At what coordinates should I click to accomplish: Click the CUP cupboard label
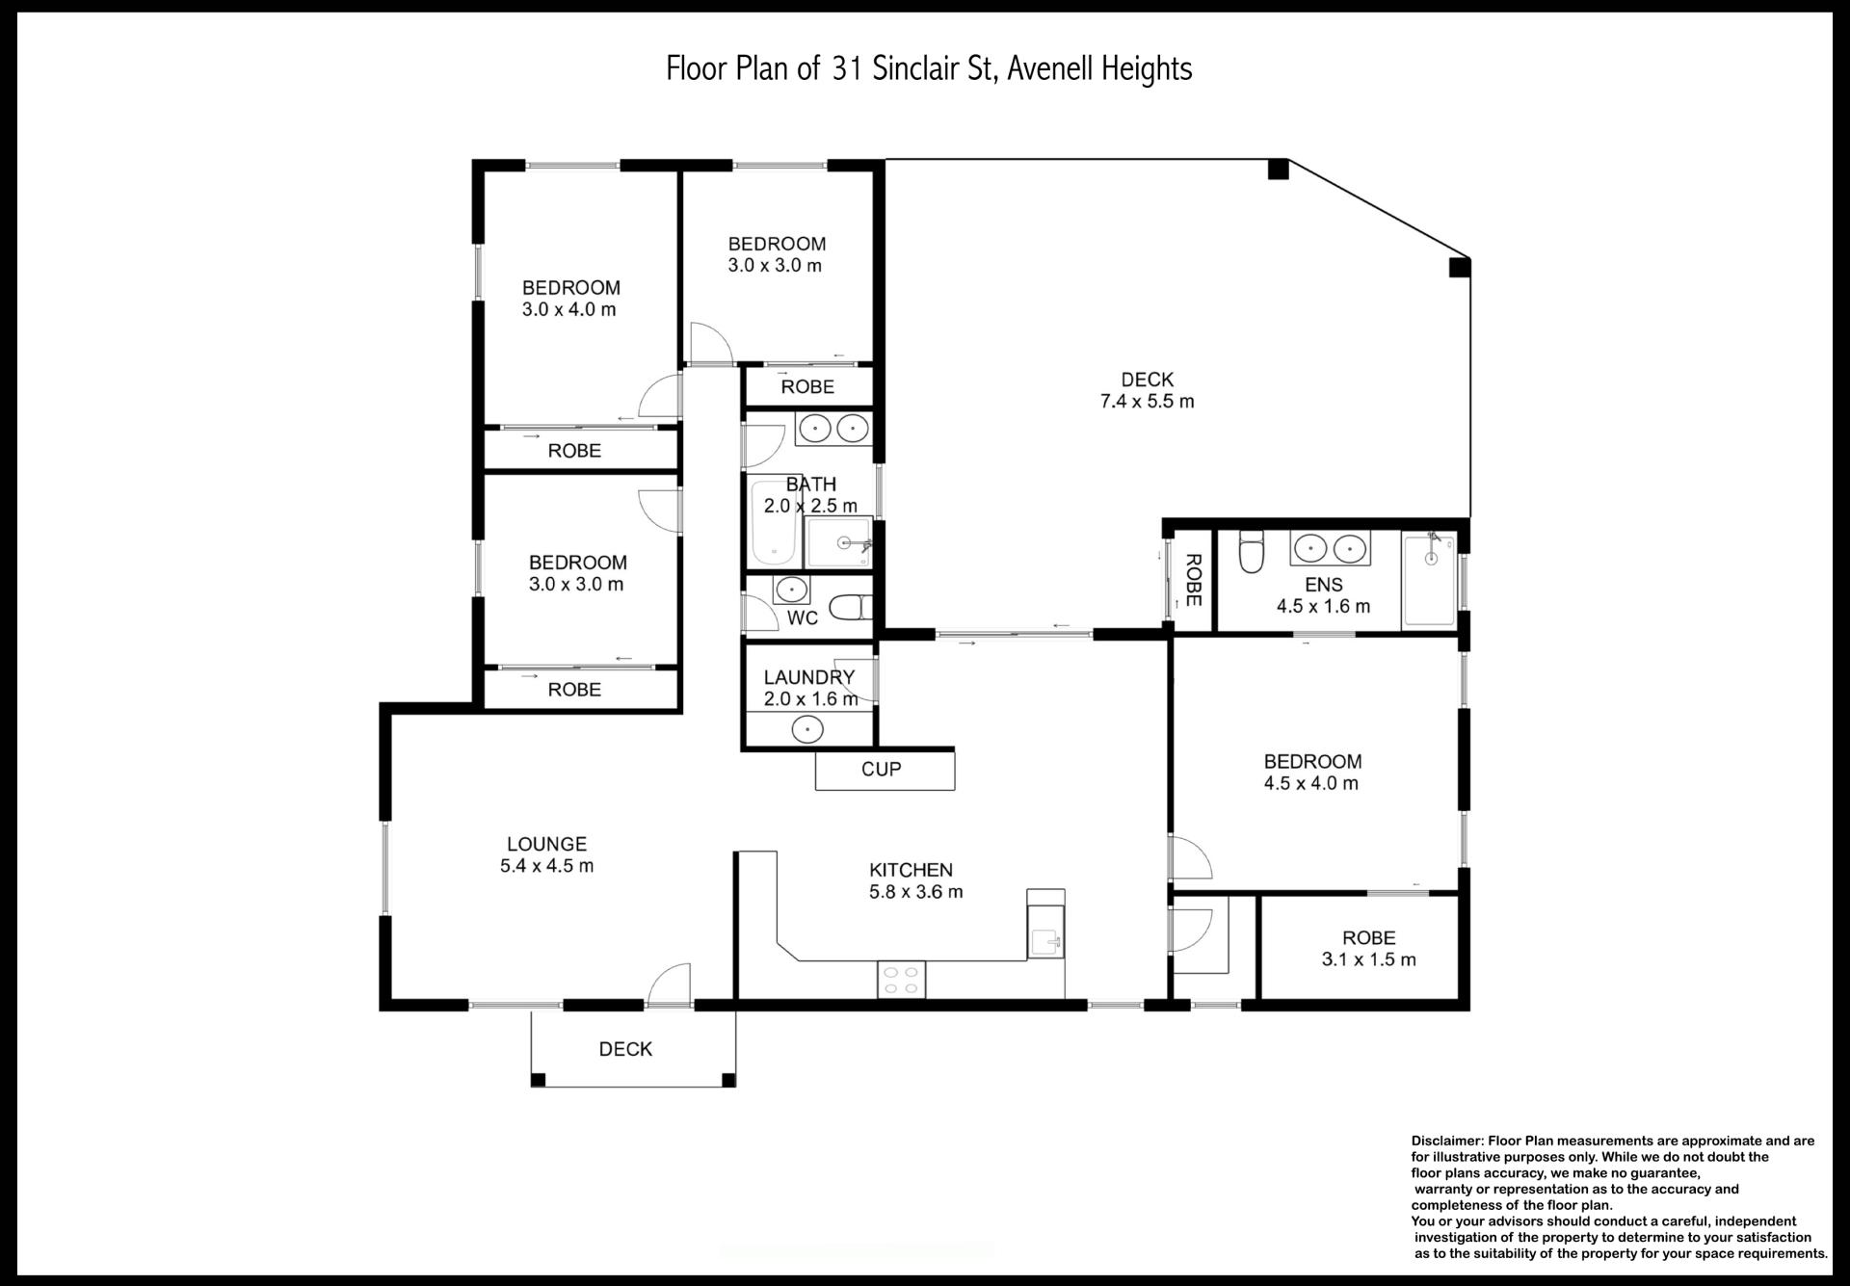(881, 769)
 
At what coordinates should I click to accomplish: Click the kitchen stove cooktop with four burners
(901, 979)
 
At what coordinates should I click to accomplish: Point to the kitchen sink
(1045, 932)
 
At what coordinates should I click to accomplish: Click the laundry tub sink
(807, 730)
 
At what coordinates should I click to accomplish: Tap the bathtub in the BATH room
(772, 524)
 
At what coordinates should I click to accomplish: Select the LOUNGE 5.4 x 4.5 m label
(546, 854)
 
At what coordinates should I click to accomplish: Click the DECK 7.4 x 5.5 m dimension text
(1147, 402)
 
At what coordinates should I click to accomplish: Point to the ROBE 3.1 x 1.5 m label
(1368, 948)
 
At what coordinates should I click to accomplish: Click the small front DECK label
(625, 1049)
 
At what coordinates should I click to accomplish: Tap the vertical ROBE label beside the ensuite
(1193, 580)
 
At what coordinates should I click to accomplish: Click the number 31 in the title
(845, 68)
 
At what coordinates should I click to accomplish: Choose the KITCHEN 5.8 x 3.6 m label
(915, 880)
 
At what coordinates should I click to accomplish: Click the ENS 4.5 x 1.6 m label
(1323, 595)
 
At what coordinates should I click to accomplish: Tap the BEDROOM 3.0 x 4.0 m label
(570, 299)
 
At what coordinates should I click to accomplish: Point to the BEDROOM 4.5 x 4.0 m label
(1311, 773)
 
